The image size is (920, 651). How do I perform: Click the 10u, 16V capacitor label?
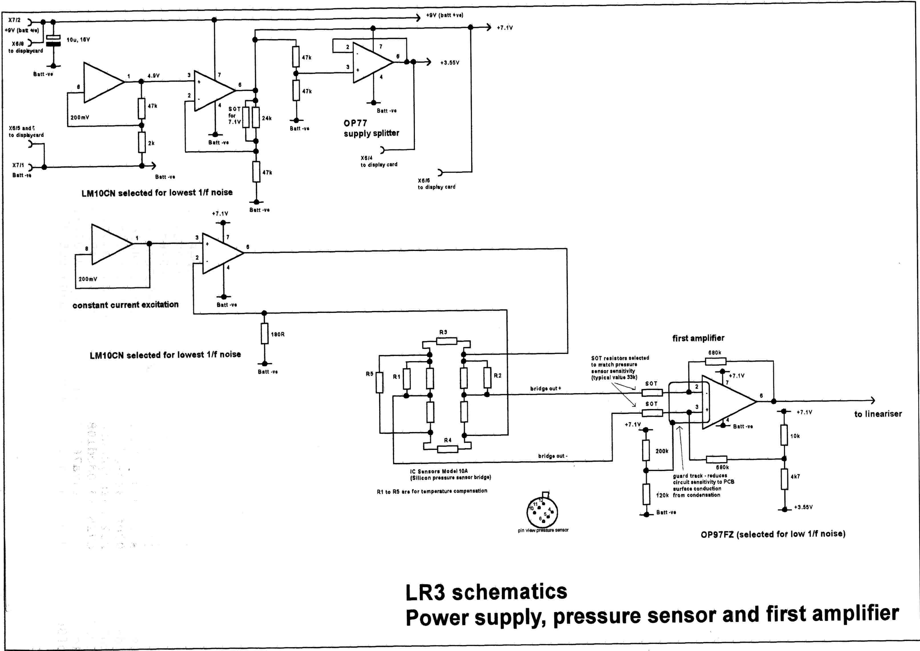pos(78,40)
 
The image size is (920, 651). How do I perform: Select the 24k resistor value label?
pos(267,118)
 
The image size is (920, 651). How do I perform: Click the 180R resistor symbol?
pos(265,333)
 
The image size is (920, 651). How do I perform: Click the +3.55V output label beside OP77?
pos(449,63)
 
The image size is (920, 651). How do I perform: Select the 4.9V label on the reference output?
pos(154,76)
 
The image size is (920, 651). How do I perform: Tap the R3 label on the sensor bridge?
pos(443,332)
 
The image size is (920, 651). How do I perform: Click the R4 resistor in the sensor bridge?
pos(447,449)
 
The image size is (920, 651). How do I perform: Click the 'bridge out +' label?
pos(546,388)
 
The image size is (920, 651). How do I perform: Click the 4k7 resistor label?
pos(795,477)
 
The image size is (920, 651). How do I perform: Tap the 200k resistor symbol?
pos(646,450)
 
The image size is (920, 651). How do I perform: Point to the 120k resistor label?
pos(662,495)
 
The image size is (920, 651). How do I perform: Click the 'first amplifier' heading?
pos(698,338)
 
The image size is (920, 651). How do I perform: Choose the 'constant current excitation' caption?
pos(126,305)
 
